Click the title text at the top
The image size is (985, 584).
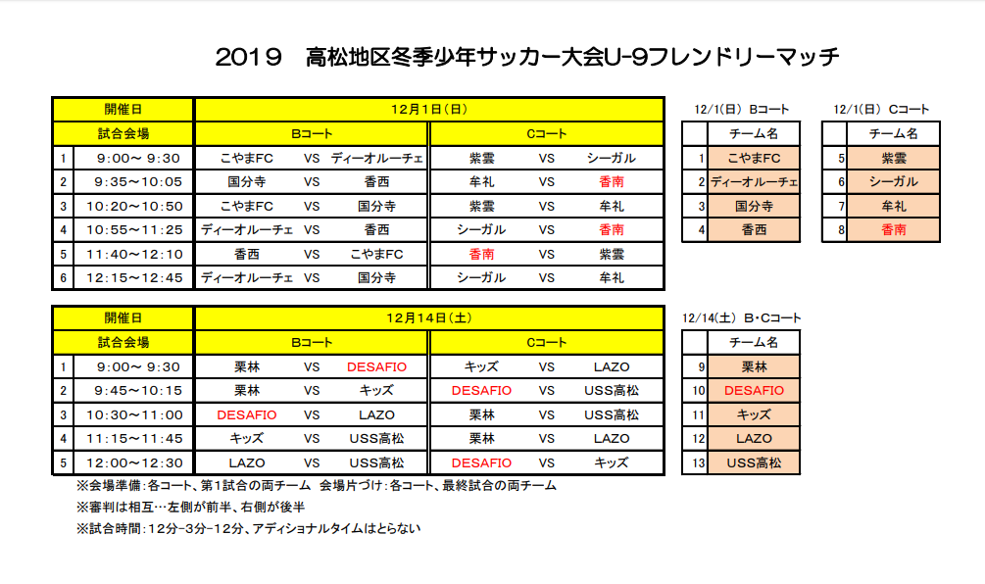(x=527, y=56)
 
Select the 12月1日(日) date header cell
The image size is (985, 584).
(x=430, y=109)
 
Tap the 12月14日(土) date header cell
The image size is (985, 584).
(x=430, y=318)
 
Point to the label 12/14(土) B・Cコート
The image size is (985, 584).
(x=742, y=318)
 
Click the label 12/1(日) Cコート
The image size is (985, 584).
(x=881, y=109)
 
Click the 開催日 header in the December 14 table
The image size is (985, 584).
(x=123, y=318)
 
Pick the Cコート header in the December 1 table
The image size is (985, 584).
(x=547, y=133)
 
